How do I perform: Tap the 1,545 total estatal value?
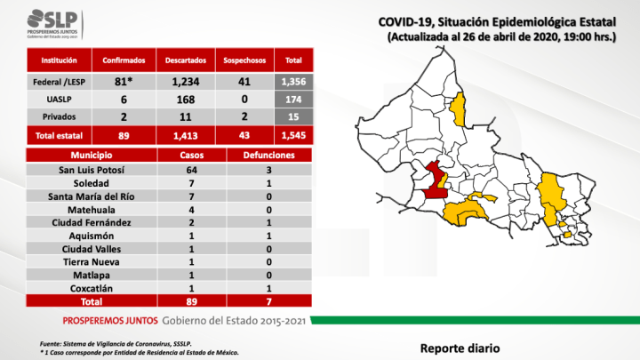(x=293, y=134)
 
